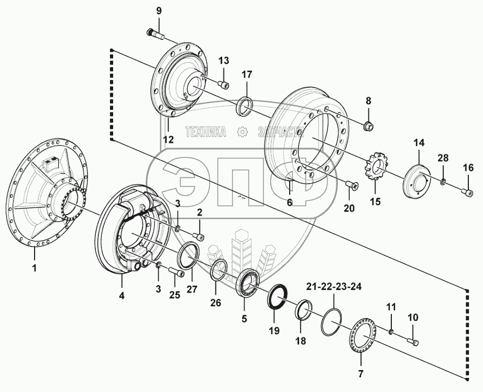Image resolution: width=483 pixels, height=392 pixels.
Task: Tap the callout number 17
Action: click(247, 74)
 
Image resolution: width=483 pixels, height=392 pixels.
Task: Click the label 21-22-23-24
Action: click(334, 287)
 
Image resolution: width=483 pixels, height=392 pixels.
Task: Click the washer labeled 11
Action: click(391, 331)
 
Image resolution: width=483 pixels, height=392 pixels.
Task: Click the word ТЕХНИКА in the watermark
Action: click(206, 132)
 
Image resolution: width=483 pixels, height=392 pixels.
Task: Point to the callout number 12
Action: click(167, 139)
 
